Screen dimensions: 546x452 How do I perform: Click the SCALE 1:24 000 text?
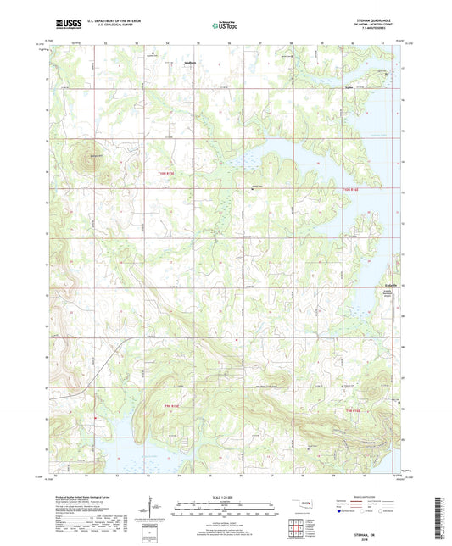coord(225,496)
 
